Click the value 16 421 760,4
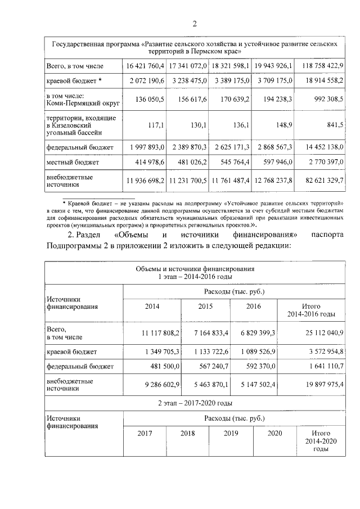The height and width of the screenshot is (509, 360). click(144, 66)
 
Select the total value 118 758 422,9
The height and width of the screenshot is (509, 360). click(323, 66)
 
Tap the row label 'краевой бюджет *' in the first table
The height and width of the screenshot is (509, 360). click(74, 81)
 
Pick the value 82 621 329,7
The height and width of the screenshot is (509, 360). click(324, 181)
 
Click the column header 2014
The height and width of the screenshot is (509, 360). click(152, 307)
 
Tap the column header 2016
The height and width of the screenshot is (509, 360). click(254, 307)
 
